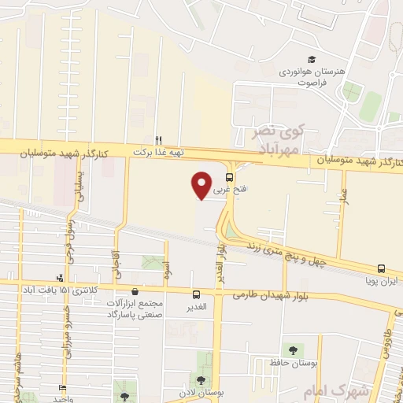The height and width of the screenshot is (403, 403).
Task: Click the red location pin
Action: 201,184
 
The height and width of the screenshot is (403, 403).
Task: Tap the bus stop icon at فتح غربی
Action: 229,176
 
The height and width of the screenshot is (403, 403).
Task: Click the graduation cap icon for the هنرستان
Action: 312,60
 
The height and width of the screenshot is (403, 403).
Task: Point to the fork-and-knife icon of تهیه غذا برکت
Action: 157,139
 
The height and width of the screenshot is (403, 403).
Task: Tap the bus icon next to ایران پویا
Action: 381,268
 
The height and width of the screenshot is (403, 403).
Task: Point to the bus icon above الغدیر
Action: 196,294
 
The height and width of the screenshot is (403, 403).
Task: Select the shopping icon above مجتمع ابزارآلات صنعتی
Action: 135,291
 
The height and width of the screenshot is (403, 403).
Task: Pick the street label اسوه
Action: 167,268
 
